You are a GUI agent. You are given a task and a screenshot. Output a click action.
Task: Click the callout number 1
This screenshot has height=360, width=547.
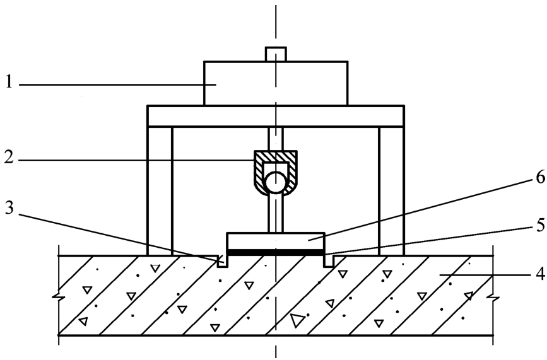click(9, 83)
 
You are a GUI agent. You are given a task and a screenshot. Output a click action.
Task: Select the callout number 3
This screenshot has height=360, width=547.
click(9, 209)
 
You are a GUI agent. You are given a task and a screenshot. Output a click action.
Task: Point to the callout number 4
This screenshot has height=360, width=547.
click(539, 274)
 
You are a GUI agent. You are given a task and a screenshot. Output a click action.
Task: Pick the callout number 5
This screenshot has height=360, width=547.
click(539, 226)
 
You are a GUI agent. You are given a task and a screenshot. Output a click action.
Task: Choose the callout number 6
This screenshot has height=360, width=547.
click(539, 178)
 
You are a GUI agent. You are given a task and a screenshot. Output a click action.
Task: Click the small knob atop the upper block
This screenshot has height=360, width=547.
click(276, 54)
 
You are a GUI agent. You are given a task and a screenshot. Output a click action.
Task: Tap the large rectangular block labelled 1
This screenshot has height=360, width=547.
click(276, 83)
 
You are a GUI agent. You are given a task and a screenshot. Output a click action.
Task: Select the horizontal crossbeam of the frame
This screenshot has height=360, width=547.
click(276, 116)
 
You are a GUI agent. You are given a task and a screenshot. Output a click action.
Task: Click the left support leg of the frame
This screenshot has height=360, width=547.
click(160, 191)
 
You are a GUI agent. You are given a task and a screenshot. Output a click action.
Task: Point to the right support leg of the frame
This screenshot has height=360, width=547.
click(391, 191)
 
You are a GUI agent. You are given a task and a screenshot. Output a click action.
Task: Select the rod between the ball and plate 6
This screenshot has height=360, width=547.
click(276, 213)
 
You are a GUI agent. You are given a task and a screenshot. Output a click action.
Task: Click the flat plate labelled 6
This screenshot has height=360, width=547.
click(276, 241)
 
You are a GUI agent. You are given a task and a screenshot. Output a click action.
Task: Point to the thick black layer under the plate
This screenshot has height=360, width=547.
click(276, 252)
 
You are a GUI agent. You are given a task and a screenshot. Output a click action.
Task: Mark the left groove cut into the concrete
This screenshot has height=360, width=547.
click(223, 262)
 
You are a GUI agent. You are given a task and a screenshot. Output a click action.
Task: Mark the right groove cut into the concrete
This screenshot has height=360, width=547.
click(329, 262)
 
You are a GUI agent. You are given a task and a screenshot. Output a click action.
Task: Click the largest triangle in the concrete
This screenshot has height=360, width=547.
click(297, 320)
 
